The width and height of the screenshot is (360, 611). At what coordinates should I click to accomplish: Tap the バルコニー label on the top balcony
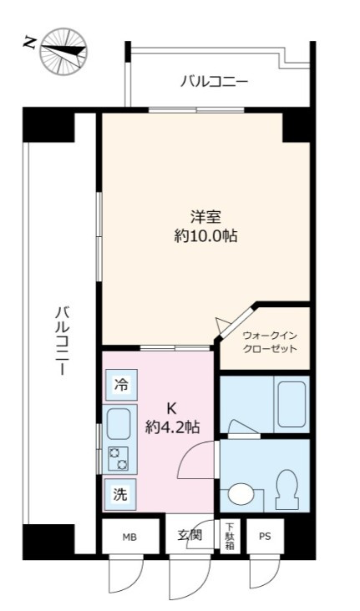tap(214, 82)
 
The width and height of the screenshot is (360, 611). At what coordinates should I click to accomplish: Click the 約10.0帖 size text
tap(204, 236)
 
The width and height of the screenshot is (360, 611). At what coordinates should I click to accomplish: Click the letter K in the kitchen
tap(172, 408)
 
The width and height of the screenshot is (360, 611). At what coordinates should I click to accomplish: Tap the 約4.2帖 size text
tap(172, 427)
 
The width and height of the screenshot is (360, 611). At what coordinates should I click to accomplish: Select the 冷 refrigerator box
tap(122, 386)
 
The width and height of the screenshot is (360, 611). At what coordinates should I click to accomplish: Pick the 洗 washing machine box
tap(122, 493)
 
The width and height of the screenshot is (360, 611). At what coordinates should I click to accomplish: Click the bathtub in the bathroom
tap(292, 404)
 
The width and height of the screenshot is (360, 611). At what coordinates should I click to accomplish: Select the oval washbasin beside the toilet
tap(240, 495)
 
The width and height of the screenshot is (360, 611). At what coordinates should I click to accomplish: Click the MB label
tap(129, 537)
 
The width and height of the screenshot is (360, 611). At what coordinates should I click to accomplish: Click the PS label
tap(265, 537)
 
